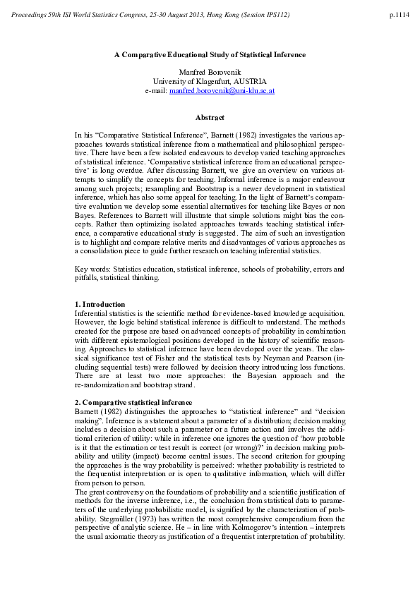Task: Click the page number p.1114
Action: (x=399, y=14)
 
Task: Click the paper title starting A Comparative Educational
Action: (x=210, y=54)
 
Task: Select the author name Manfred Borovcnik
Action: (x=210, y=73)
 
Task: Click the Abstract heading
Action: (x=210, y=117)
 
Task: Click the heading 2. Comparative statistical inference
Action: (x=133, y=402)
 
